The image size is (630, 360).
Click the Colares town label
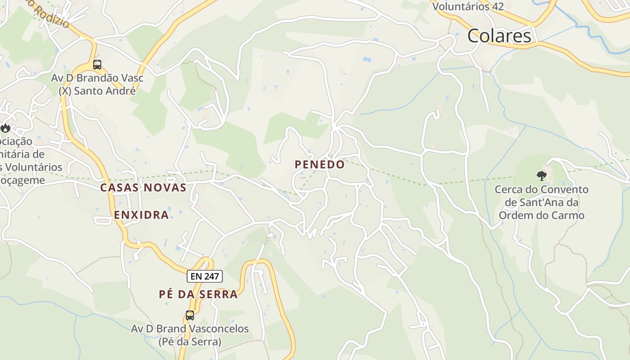(x=499, y=36)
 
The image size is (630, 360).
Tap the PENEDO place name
(x=319, y=165)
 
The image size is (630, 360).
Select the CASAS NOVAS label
(x=143, y=188)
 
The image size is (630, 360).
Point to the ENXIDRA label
(x=141, y=215)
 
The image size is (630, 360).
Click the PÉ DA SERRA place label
(x=198, y=295)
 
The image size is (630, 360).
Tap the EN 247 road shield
(x=205, y=276)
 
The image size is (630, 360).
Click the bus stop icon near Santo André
(x=97, y=65)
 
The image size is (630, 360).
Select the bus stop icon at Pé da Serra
(x=190, y=315)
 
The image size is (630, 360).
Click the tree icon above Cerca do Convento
(x=541, y=175)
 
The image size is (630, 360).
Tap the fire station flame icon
(x=5, y=128)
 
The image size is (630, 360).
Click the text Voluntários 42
(x=468, y=7)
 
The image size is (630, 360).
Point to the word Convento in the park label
(x=566, y=189)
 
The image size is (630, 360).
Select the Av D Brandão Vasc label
(x=97, y=78)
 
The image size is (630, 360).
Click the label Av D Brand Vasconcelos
(x=190, y=329)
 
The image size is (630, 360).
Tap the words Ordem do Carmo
(x=542, y=216)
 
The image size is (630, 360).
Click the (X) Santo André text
(x=97, y=91)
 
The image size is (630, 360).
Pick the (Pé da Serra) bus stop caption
(x=190, y=342)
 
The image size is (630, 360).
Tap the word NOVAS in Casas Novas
(x=165, y=188)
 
